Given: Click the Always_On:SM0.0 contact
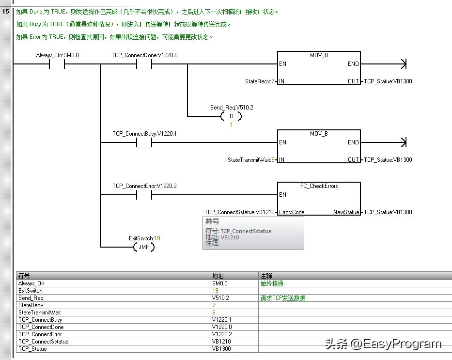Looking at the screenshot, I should click(57, 64).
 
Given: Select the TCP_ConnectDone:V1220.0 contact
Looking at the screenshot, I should click(144, 64).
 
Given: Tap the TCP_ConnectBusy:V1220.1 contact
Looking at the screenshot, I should click(144, 142).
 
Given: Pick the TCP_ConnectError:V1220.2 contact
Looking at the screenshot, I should click(144, 195).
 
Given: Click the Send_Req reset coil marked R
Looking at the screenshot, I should click(231, 116).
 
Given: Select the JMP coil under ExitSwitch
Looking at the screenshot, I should click(144, 247).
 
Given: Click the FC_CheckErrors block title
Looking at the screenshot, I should click(319, 186).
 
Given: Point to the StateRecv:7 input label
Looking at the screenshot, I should click(260, 81).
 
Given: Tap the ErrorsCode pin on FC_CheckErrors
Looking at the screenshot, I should click(292, 212).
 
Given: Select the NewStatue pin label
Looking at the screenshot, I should click(346, 212).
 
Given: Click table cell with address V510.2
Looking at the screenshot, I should click(220, 298).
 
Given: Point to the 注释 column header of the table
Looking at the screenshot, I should click(266, 276).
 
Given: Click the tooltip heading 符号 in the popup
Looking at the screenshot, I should click(212, 221).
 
